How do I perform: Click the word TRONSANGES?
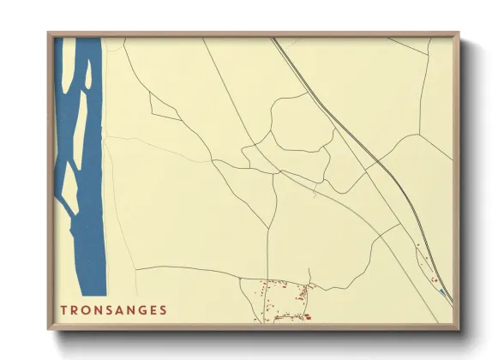pyautogui.click(x=113, y=309)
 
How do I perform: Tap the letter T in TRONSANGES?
pyautogui.click(x=63, y=309)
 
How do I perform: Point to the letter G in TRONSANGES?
pyautogui.click(x=141, y=309)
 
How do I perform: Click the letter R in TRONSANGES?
pyautogui.click(x=74, y=309)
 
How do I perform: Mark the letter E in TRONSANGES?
pyautogui.click(x=153, y=309)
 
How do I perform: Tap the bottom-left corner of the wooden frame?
pyautogui.click(x=50, y=328)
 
